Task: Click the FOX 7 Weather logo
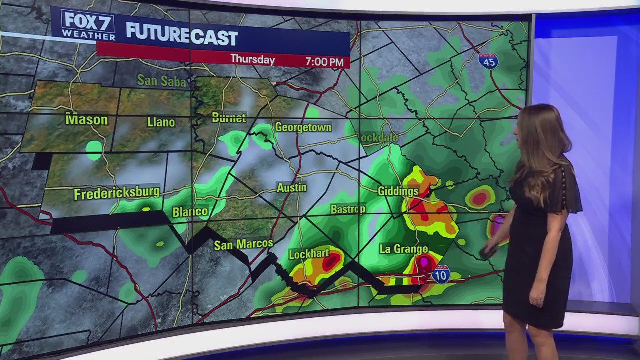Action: pyautogui.click(x=88, y=25)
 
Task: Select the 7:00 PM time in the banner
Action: pyautogui.click(x=324, y=62)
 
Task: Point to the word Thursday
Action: pyautogui.click(x=252, y=60)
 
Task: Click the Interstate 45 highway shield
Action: pyautogui.click(x=488, y=61)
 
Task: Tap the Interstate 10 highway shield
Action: pyautogui.click(x=441, y=275)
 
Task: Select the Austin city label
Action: pyautogui.click(x=291, y=188)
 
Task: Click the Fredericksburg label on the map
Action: pyautogui.click(x=117, y=193)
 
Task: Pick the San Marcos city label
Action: pyautogui.click(x=243, y=244)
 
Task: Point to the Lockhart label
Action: pyautogui.click(x=309, y=254)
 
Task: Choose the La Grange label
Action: pyautogui.click(x=404, y=249)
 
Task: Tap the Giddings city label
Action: pyautogui.click(x=398, y=191)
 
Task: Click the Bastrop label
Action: pyautogui.click(x=348, y=209)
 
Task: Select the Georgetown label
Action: pyautogui.click(x=303, y=127)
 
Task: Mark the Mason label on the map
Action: pyautogui.click(x=86, y=120)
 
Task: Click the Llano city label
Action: pyautogui.click(x=161, y=122)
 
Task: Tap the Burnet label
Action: pyautogui.click(x=229, y=118)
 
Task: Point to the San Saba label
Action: pyautogui.click(x=161, y=80)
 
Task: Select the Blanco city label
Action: pyautogui.click(x=190, y=212)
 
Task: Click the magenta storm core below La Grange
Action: pyautogui.click(x=424, y=261)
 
